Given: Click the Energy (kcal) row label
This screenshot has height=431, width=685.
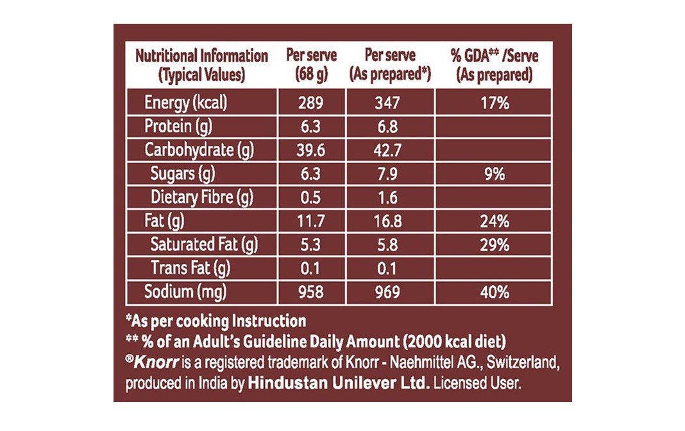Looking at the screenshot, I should [x=186, y=101].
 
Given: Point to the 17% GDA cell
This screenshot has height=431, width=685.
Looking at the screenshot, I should [x=495, y=102].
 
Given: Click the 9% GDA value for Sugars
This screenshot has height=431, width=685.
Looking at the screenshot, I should [x=495, y=174].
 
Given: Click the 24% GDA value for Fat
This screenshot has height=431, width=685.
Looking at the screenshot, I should [x=495, y=222].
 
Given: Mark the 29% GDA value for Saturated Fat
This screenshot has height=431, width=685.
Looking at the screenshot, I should [x=495, y=245].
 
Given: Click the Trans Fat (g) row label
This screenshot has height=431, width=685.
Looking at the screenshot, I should [x=190, y=268].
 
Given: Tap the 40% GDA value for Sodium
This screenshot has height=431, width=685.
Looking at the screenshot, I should [x=495, y=292].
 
